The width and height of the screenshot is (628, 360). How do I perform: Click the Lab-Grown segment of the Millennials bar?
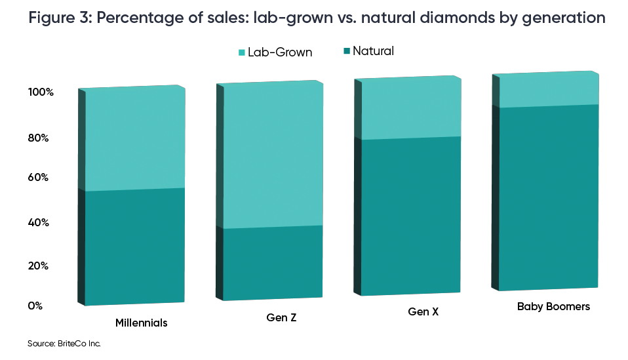tap(134, 138)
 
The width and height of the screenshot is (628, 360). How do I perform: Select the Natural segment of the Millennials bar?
tap(134, 246)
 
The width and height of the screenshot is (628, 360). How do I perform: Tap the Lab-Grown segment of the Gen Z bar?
tap(273, 155)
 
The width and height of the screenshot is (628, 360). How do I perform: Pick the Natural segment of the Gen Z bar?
tap(273, 262)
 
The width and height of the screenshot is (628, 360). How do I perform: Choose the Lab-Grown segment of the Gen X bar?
tap(410, 108)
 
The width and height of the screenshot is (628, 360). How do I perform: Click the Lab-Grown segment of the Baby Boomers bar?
tap(548, 89)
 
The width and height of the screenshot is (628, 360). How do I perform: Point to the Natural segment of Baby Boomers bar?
tap(548, 197)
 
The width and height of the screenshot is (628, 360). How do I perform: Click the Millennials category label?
tap(141, 323)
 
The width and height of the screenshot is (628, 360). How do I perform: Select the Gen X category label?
tap(423, 312)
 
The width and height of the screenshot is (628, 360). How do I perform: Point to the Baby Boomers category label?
tap(553, 306)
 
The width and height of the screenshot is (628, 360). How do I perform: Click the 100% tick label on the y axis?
tap(41, 92)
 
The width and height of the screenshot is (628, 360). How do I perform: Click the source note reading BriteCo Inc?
tap(64, 343)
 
